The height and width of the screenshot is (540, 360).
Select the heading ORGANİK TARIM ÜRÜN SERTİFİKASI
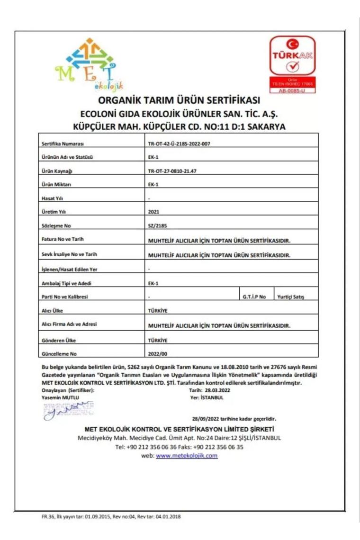tap(179, 101)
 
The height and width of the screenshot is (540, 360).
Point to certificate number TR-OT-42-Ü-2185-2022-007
tap(179, 144)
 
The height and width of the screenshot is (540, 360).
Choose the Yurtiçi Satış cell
tap(291, 297)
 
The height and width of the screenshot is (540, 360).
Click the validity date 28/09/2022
tap(208, 419)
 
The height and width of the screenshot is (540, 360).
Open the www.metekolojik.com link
tap(187, 456)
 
